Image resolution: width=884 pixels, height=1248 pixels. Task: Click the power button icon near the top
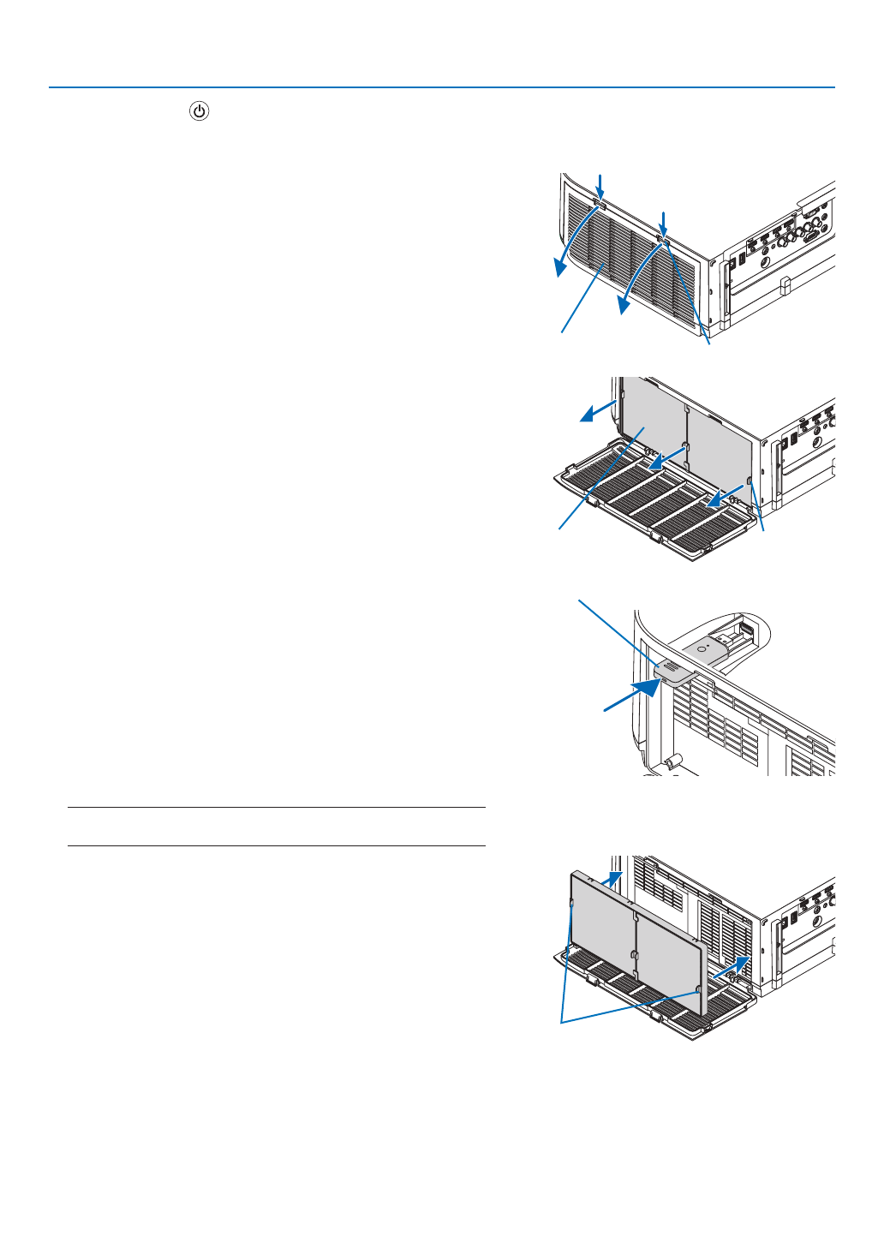199,111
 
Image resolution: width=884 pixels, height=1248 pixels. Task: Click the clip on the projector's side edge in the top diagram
785,285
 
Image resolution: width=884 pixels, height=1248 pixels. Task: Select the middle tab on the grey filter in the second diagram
685,447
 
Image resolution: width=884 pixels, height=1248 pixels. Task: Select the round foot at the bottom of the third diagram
672,759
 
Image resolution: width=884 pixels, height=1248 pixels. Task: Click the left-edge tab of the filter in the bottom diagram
571,902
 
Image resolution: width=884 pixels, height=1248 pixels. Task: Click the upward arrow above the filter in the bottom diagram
612,878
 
